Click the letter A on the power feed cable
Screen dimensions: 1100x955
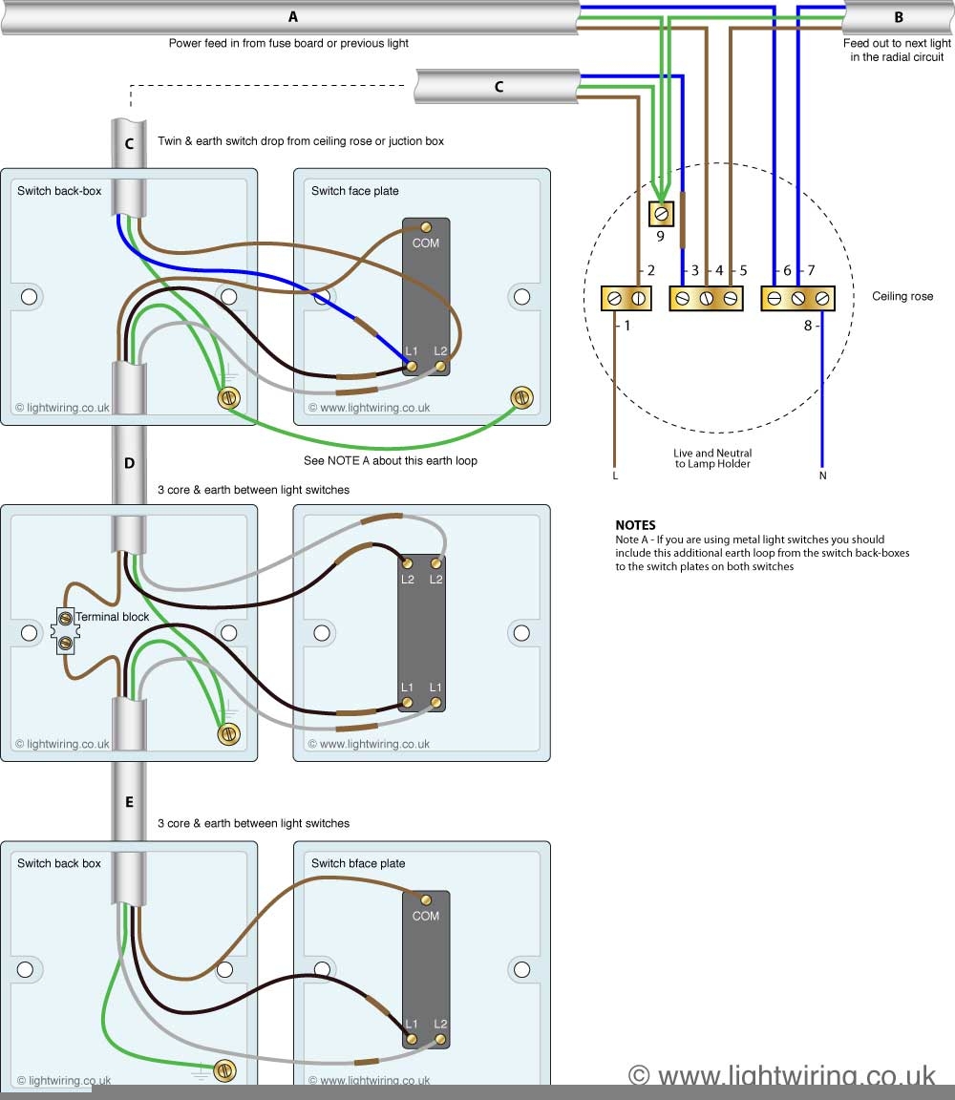292,16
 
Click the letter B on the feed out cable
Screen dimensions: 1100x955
898,16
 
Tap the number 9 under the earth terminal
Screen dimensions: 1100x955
660,236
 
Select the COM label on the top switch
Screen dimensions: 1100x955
426,243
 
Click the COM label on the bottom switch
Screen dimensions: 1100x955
426,916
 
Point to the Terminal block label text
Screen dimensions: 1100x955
113,617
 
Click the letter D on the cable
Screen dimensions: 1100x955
129,463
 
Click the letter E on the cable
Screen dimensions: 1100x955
129,802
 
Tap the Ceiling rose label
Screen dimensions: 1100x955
902,297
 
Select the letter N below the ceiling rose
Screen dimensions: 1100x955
821,474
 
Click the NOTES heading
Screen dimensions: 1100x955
635,525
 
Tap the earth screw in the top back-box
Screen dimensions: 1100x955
228,398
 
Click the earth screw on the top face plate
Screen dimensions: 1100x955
521,396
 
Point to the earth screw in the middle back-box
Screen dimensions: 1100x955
228,733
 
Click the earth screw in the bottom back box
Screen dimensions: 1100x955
224,1071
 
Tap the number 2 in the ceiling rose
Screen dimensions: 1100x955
651,271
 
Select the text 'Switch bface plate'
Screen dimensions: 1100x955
358,863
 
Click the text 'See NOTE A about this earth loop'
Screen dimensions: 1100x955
390,460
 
